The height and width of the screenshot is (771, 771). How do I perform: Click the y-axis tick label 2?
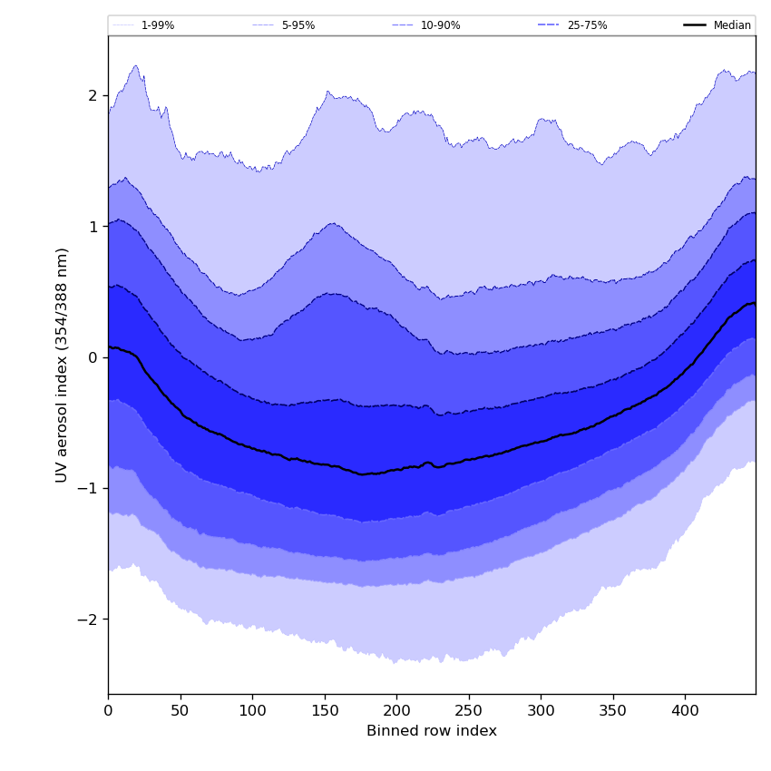pos(93,96)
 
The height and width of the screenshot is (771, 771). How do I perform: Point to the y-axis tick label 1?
pos(93,227)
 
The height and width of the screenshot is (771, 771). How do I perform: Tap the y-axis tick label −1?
pos(88,489)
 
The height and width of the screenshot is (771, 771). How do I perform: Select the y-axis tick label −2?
pos(88,620)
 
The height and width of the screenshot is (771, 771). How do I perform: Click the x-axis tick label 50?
pos(181,713)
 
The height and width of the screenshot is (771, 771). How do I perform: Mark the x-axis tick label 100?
pos(252,713)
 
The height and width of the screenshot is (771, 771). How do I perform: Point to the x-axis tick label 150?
pos(325,713)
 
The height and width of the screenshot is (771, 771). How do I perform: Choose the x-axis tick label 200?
pos(396,713)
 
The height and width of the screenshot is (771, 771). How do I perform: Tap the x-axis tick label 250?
pos(469,713)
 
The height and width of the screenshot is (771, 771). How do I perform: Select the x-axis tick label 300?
pos(541,713)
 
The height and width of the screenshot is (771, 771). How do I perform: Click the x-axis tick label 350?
pos(613,713)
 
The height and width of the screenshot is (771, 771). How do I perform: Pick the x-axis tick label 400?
pos(685,713)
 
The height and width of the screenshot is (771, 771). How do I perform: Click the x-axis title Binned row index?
pos(432,731)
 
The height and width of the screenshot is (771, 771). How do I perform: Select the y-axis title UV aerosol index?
pos(62,365)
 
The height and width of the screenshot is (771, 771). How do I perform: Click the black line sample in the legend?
pos(695,25)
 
